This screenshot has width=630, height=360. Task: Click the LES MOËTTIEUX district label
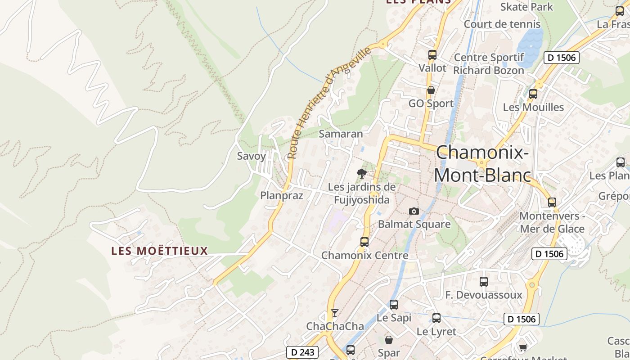(x=160, y=251)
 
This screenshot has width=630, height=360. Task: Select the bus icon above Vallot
(x=432, y=55)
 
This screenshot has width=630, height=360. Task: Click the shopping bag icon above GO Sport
(x=431, y=90)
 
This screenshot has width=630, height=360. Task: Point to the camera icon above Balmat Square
(x=414, y=211)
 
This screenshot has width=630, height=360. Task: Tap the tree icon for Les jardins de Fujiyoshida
(x=361, y=174)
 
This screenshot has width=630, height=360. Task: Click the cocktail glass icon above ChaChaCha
(x=334, y=313)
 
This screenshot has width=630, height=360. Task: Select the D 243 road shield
(x=302, y=352)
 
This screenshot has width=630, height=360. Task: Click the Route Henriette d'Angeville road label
(x=330, y=102)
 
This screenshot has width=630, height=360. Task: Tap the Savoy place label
(x=252, y=156)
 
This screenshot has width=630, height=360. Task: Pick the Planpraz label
(x=282, y=195)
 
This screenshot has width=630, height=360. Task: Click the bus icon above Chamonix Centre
(x=364, y=242)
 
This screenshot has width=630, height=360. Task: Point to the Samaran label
(x=341, y=134)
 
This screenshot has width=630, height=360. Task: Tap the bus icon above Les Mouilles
(x=533, y=94)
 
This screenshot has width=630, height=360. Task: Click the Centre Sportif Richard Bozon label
(x=489, y=64)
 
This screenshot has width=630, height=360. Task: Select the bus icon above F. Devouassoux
(x=484, y=282)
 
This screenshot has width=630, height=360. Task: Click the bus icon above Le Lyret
(x=436, y=318)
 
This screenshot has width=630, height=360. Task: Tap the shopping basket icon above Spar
(x=389, y=339)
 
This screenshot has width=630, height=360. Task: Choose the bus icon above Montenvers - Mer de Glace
(x=552, y=202)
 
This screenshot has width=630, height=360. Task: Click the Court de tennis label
(x=502, y=24)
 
